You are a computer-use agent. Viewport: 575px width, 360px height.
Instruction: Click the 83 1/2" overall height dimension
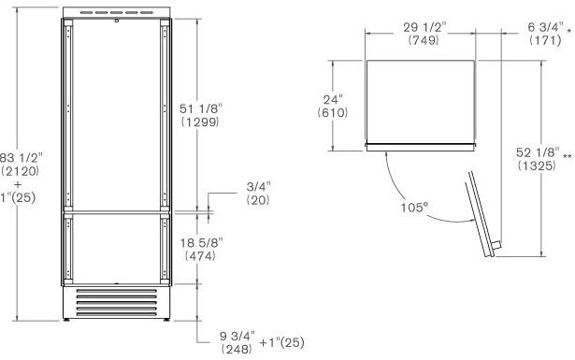click(22, 158)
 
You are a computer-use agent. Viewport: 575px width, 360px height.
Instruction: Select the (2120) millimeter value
click(21, 171)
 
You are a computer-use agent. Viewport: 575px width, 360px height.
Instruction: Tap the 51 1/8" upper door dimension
click(201, 108)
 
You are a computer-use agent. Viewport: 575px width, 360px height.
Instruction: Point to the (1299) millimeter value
click(200, 122)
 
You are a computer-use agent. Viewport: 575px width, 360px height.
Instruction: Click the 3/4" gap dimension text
click(259, 187)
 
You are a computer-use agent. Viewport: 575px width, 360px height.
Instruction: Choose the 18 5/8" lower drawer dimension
click(201, 242)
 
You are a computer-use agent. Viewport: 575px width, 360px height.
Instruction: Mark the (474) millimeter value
click(200, 256)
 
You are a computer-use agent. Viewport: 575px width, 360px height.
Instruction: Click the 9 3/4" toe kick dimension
click(237, 336)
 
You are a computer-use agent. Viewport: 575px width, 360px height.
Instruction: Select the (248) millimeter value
click(237, 349)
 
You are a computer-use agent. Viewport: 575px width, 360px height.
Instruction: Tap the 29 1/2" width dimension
click(424, 27)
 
